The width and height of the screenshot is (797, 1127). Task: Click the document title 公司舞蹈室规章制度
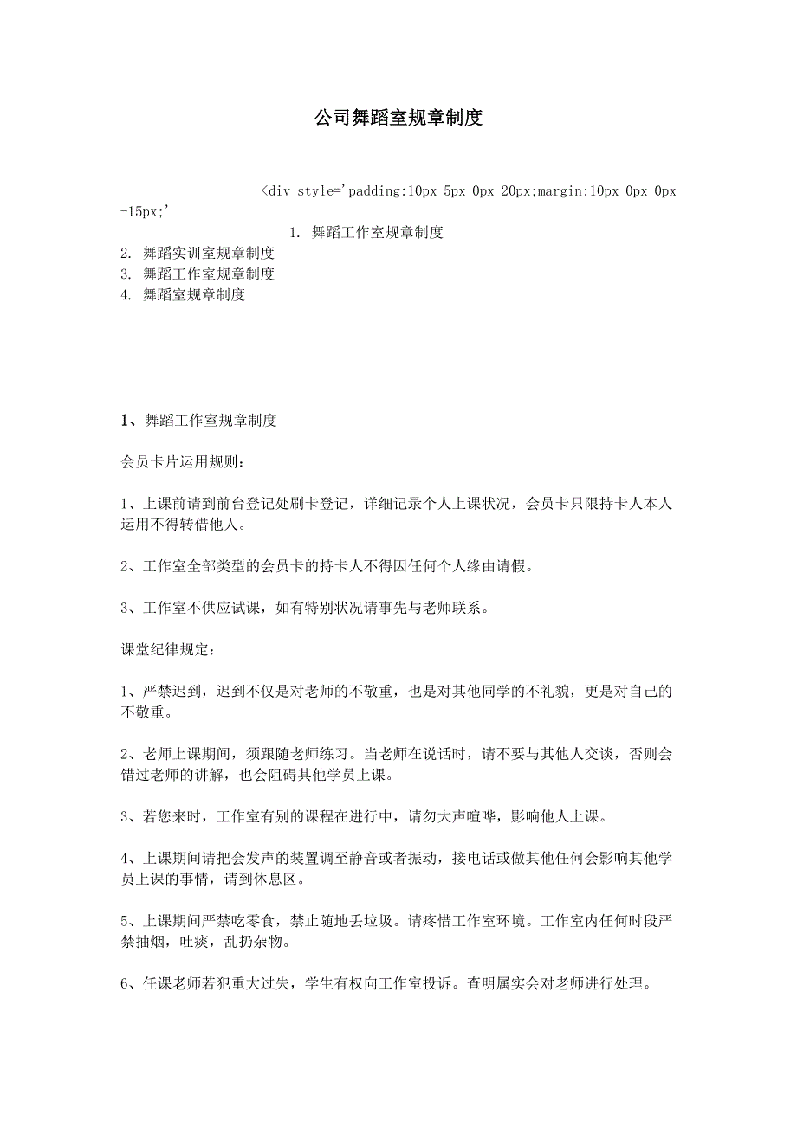click(398, 119)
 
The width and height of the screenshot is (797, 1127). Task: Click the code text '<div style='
click(303, 190)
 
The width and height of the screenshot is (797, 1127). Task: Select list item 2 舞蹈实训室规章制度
click(198, 254)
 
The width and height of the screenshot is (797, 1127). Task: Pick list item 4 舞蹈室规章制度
click(184, 295)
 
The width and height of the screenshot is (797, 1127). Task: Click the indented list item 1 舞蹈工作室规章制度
click(367, 232)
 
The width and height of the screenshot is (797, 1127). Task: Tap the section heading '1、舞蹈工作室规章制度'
click(198, 422)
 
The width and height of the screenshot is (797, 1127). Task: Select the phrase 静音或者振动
click(394, 859)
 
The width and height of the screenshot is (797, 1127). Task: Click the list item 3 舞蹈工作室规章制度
click(198, 274)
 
